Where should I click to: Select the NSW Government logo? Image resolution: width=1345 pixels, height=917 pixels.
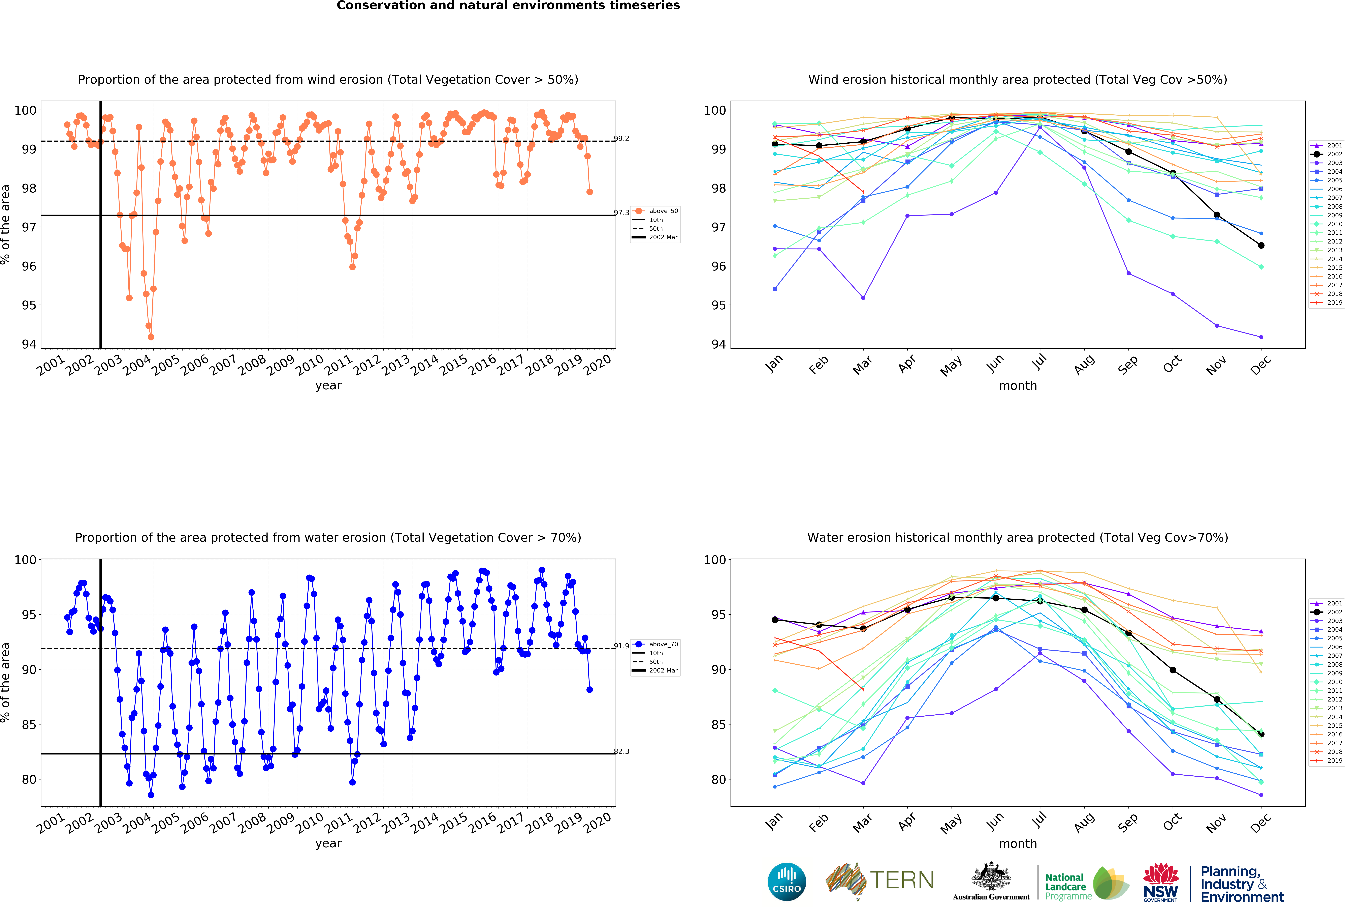1160,882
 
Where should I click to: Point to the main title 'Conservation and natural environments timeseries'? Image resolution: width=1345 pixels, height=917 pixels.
508,6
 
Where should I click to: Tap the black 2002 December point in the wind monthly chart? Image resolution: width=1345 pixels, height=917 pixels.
1261,246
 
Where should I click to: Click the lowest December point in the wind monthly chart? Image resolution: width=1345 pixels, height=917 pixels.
1261,337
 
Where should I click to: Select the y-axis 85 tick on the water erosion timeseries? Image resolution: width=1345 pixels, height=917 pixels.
29,724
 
